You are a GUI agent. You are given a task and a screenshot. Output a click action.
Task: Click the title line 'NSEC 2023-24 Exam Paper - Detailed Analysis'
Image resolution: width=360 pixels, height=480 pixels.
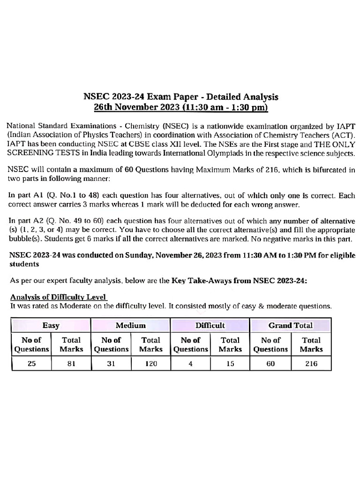coord(180,97)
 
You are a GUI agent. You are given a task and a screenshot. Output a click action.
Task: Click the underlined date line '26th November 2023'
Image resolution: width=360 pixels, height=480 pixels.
coord(180,108)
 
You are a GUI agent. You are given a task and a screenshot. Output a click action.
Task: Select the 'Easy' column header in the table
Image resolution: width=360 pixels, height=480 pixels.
coord(51,325)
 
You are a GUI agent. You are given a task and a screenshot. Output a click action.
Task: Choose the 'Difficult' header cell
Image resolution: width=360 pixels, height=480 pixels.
coord(210,325)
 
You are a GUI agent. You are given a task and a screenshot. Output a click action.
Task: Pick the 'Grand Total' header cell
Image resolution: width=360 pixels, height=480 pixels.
coord(291,325)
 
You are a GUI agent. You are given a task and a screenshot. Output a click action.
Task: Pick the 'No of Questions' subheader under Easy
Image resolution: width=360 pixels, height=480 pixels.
coord(31,345)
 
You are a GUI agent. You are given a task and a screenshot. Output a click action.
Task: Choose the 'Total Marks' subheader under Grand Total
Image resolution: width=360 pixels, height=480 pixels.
coord(311,345)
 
